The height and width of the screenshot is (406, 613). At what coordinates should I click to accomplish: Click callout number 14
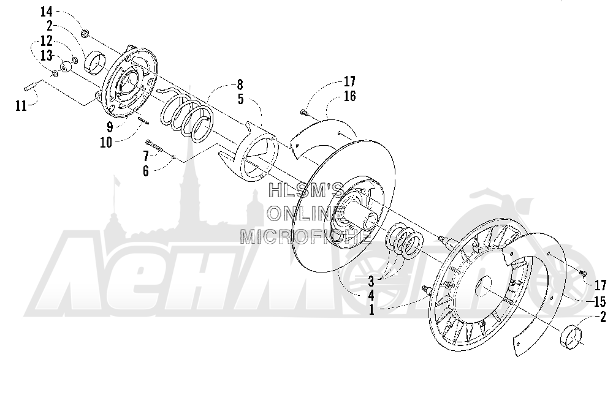[x=46, y=12]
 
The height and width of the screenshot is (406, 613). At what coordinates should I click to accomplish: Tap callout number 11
[x=21, y=106]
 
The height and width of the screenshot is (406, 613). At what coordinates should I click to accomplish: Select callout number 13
[x=46, y=56]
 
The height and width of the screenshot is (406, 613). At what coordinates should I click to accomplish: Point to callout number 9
[x=110, y=127]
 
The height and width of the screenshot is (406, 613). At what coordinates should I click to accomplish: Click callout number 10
[x=106, y=143]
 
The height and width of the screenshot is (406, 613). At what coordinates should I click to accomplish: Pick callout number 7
[x=146, y=156]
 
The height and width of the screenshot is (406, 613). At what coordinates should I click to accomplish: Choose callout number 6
[x=146, y=171]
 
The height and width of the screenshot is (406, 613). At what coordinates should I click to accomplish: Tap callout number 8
[x=240, y=85]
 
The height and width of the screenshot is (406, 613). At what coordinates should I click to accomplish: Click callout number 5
[x=240, y=99]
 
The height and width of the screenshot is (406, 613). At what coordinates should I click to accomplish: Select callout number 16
[x=349, y=96]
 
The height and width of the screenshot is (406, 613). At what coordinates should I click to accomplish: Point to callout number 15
[x=600, y=301]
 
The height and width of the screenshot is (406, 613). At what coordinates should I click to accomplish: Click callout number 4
[x=371, y=296]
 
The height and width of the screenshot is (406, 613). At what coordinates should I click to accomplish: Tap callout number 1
[x=371, y=310]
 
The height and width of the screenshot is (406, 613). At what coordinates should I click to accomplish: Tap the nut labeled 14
[x=85, y=34]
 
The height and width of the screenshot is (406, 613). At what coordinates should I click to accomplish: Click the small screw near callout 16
[x=305, y=113]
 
